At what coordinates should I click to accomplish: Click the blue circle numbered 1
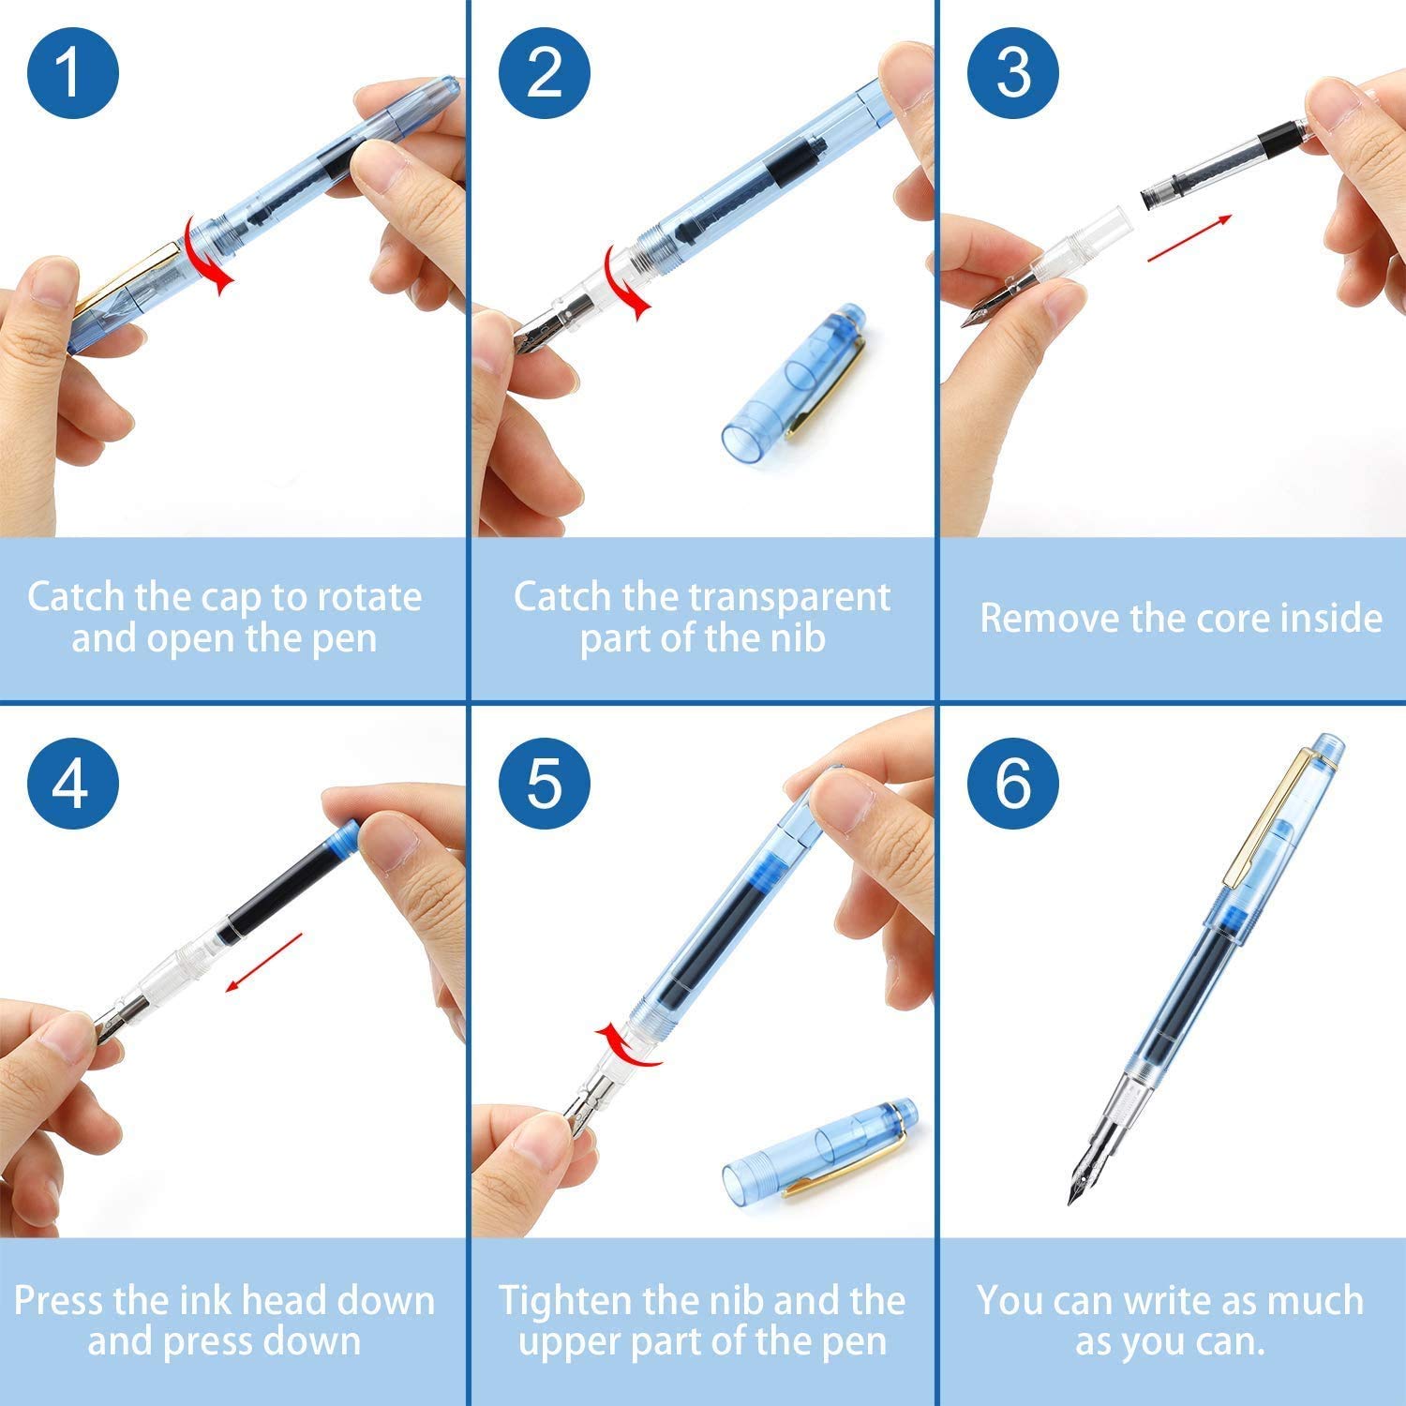(x=73, y=72)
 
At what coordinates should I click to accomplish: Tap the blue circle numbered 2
(x=544, y=72)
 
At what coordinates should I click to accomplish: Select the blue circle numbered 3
(x=1013, y=72)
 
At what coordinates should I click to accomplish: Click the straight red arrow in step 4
(x=264, y=961)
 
